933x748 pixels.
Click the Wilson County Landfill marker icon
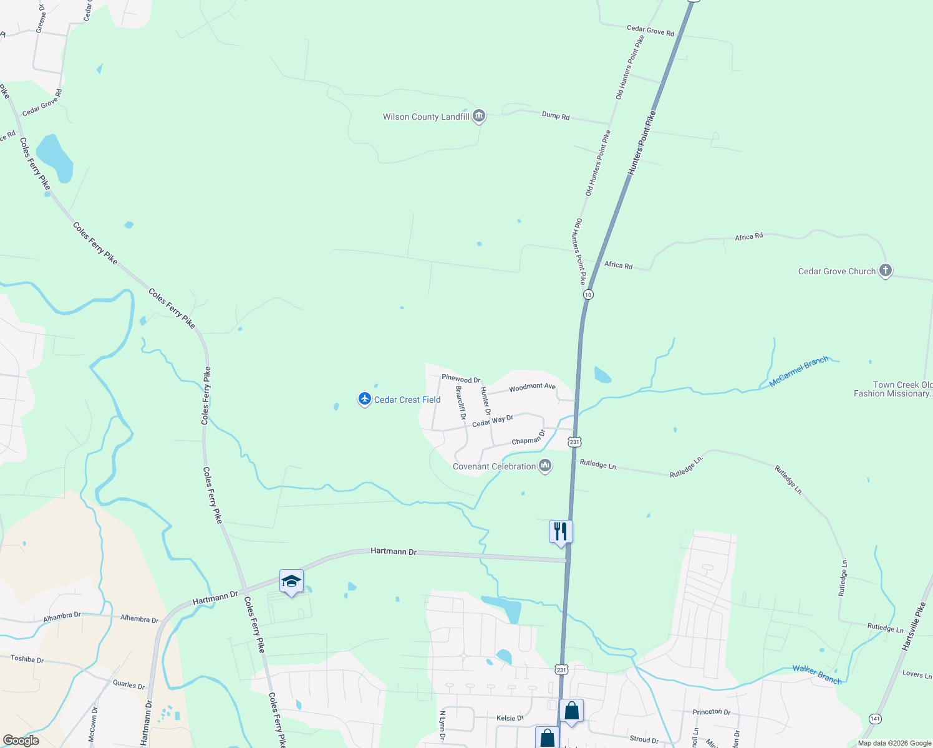(x=479, y=116)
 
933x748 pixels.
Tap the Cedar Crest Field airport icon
(x=365, y=399)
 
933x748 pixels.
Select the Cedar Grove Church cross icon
(x=885, y=271)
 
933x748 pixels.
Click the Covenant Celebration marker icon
(x=545, y=466)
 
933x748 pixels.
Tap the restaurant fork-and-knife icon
(x=561, y=532)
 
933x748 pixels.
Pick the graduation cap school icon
(x=291, y=582)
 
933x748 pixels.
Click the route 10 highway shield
(x=588, y=294)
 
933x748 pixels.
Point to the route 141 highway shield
(x=876, y=718)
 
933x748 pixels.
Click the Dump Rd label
(x=555, y=115)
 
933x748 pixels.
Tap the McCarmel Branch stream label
(x=798, y=372)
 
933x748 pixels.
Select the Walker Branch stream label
(x=817, y=674)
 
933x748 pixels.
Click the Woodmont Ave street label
(x=532, y=387)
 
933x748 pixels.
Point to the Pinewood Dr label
(x=461, y=378)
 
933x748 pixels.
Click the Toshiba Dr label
(x=27, y=659)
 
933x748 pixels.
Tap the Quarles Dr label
(x=128, y=684)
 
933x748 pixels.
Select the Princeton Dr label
(x=711, y=711)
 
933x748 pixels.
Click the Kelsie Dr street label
(x=510, y=718)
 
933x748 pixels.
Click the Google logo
(x=21, y=741)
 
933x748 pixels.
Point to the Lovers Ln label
(x=917, y=674)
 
